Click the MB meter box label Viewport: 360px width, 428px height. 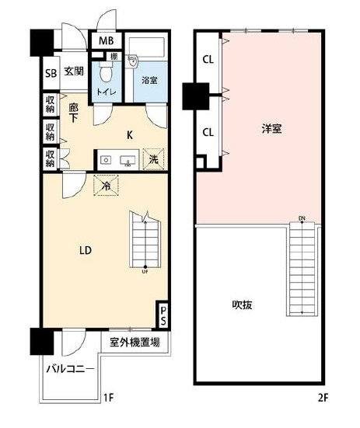[104, 41]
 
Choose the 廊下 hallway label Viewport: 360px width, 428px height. [72, 114]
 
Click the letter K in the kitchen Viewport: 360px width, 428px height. [130, 135]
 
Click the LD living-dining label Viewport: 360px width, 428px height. [86, 250]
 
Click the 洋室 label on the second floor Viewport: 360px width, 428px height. [271, 129]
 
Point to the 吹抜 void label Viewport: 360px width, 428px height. [241, 305]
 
